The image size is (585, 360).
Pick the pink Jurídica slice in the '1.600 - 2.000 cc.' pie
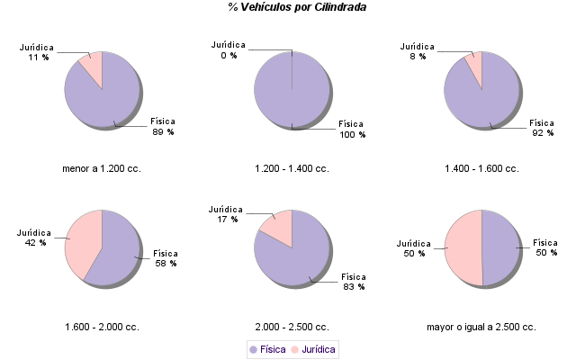(83, 238)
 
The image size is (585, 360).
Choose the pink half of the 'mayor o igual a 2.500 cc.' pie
(463, 247)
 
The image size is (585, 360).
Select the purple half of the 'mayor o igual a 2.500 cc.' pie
(500, 247)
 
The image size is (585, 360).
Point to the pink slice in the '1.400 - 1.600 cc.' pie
(474, 66)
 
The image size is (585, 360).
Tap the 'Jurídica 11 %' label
(37, 51)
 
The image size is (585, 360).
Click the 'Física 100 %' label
(352, 129)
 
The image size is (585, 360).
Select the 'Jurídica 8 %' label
(417, 50)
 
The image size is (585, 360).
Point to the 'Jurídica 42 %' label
(35, 237)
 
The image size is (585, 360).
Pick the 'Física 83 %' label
(352, 281)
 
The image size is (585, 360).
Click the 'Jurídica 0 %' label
(228, 49)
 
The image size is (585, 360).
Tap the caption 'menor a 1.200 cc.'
(102, 168)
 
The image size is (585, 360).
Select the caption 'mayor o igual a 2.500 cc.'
(481, 327)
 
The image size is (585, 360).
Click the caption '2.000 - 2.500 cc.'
(292, 327)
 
